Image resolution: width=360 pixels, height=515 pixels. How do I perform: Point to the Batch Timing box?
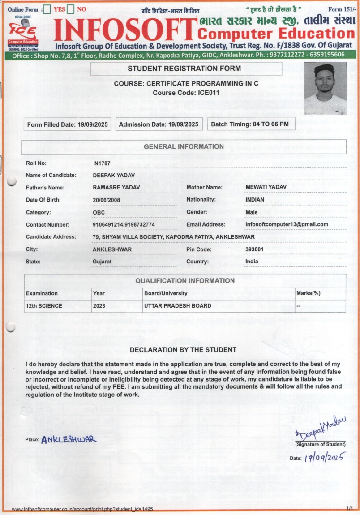pos(250,124)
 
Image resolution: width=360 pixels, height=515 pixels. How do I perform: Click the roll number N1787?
pos(102,163)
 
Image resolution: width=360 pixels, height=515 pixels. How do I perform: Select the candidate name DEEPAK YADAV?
pos(110,175)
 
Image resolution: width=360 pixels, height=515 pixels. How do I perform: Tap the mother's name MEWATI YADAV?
pos(266,187)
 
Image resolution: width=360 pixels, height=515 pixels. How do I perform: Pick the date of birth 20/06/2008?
pos(107,200)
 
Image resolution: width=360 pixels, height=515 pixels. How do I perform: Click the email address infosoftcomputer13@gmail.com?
pos(287,224)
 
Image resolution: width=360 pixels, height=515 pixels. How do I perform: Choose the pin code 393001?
pos(254,249)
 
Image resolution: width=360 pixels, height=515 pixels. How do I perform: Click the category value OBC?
pos(99,212)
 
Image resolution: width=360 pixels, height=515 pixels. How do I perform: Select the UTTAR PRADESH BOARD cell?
pos(177,306)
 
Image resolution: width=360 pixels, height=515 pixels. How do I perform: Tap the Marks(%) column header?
pos(309,293)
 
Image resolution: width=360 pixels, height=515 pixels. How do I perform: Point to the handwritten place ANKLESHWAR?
pos(69,440)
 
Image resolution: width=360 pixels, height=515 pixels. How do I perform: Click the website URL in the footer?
pos(82,509)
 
